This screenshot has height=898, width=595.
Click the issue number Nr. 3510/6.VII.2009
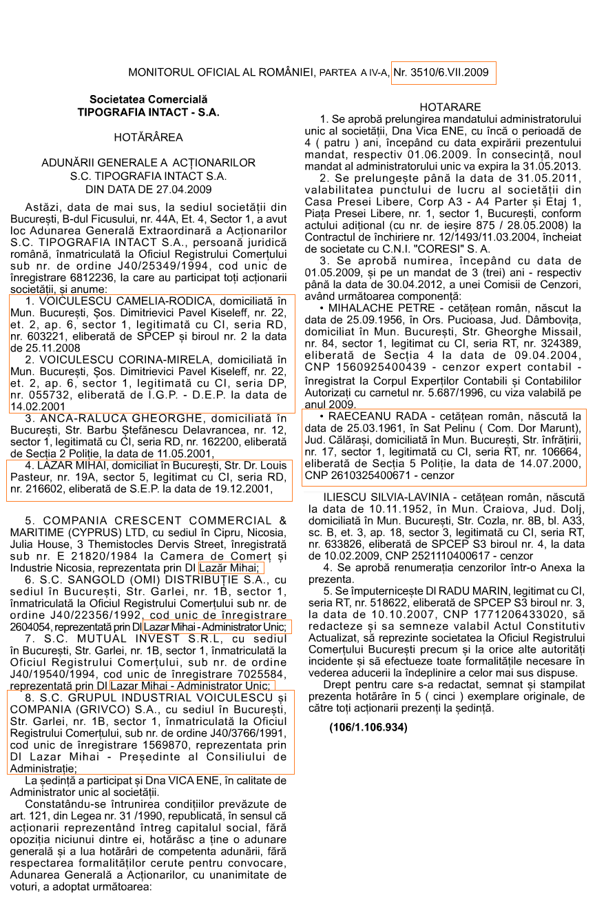(x=441, y=72)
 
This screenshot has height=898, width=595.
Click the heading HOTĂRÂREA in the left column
(x=148, y=137)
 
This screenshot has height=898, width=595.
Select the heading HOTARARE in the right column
(x=450, y=107)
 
